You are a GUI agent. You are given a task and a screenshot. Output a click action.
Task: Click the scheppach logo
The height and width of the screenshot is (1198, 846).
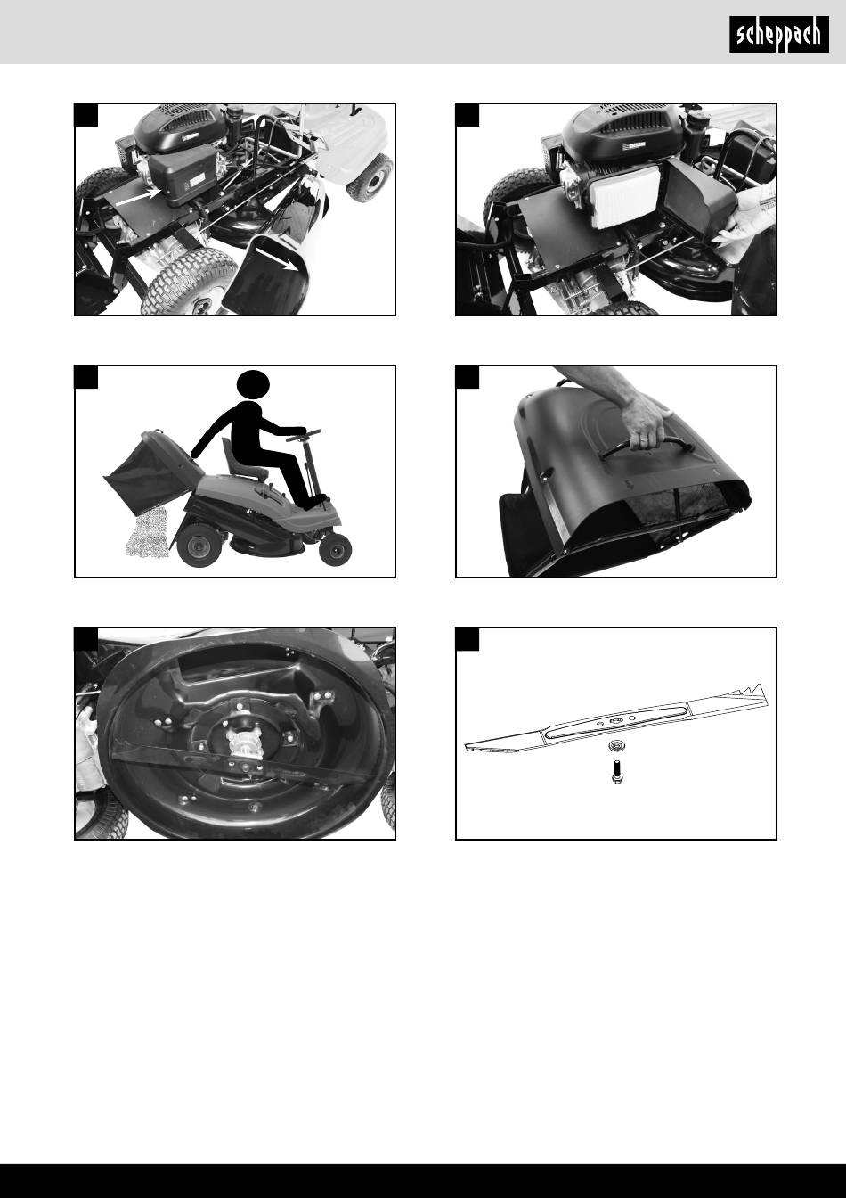[778, 34]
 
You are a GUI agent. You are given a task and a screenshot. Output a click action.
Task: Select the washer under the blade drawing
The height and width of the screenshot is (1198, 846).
[615, 745]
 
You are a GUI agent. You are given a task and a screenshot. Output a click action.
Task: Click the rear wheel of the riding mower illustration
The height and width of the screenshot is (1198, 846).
[199, 546]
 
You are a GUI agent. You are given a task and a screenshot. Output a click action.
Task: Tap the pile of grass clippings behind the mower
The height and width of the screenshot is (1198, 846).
[146, 533]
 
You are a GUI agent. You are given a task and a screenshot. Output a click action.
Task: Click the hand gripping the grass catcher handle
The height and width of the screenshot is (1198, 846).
[649, 424]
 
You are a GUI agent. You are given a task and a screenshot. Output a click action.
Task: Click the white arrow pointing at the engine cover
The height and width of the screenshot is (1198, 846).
[138, 197]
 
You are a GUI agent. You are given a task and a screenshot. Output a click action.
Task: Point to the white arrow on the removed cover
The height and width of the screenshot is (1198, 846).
[275, 258]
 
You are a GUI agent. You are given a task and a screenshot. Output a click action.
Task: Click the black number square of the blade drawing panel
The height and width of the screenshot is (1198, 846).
[468, 640]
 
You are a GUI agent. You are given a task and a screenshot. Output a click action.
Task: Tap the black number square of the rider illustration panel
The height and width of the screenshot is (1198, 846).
[86, 377]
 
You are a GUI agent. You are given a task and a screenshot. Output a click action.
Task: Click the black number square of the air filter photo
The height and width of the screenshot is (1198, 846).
[468, 115]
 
